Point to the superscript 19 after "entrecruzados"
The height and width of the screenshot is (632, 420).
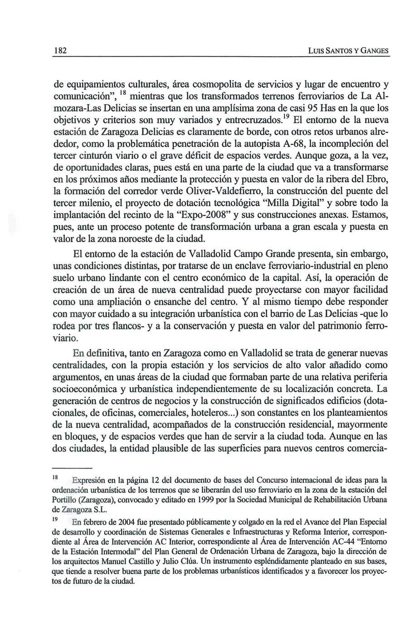(286, 118)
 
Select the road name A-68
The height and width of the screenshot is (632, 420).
(276, 145)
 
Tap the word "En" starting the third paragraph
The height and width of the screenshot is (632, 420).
(78, 353)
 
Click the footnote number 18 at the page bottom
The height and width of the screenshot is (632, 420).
(56, 478)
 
